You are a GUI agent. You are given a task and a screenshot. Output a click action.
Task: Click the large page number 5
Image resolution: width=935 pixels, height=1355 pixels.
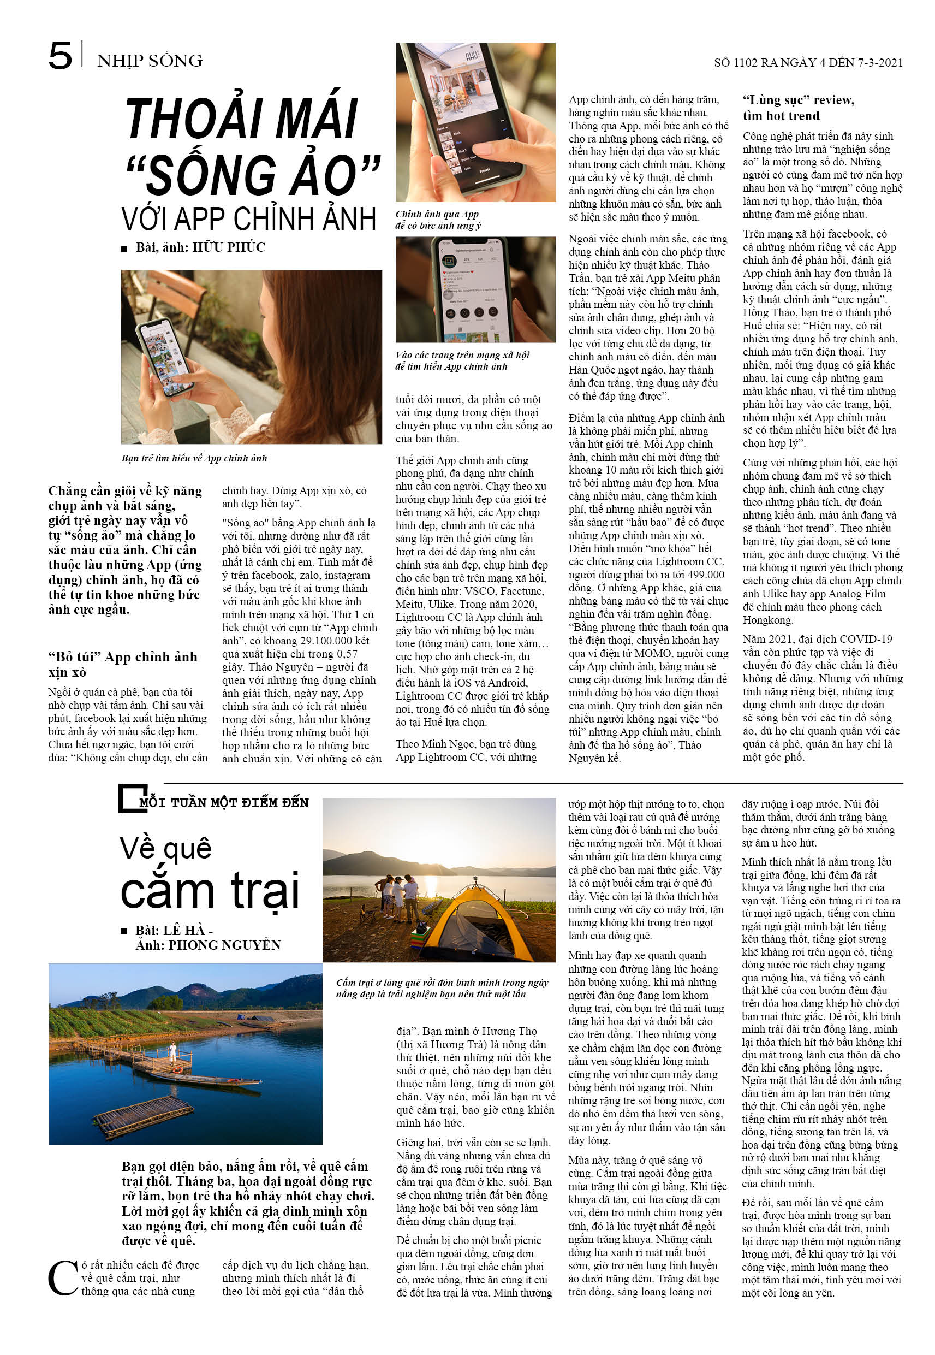[61, 56]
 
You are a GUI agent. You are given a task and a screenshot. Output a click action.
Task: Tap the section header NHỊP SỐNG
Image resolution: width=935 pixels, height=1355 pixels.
[150, 61]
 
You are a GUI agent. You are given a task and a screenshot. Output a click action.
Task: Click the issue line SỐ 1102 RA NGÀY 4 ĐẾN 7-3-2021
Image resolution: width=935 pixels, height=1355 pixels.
[808, 63]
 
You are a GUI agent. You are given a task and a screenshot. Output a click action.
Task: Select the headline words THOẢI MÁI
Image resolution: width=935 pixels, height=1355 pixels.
[241, 119]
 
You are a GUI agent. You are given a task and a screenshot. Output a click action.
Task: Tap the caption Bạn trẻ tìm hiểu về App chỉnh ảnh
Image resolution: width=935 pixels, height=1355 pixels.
[194, 458]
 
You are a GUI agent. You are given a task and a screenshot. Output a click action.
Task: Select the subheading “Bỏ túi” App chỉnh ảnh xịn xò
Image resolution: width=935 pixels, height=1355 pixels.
[122, 664]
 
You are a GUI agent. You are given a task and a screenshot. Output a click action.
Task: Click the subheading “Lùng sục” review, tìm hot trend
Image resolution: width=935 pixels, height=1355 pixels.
[798, 108]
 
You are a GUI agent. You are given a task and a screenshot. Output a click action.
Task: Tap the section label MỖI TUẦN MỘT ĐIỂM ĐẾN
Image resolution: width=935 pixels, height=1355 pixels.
[224, 802]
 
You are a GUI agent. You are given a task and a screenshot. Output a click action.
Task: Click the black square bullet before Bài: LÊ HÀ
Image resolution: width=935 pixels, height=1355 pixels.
[123, 931]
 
